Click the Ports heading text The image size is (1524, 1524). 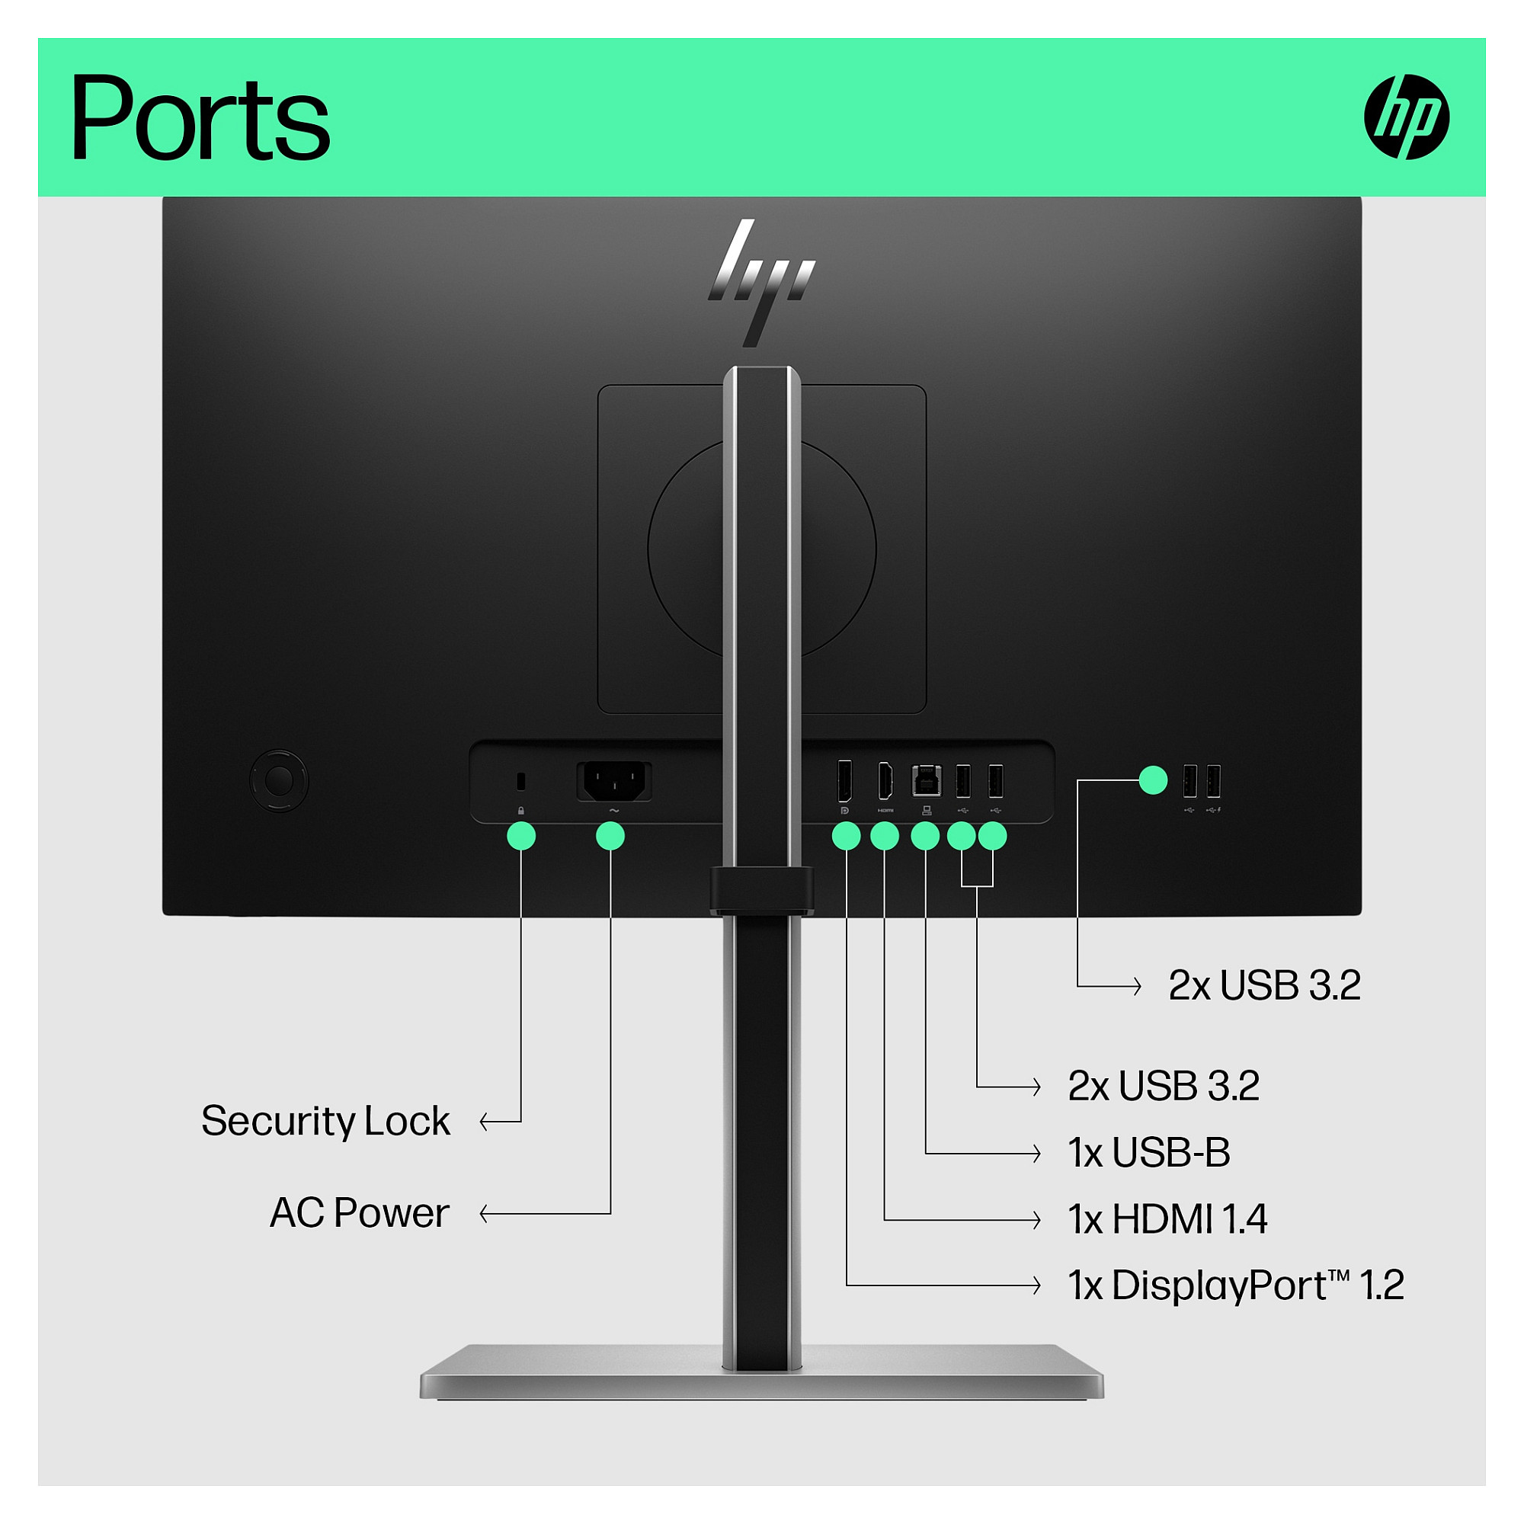pos(200,118)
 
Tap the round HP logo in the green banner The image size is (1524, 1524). pos(1407,117)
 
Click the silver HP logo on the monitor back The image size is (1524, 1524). pos(761,283)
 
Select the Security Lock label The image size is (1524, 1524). pos(325,1121)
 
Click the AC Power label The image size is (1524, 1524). pos(360,1212)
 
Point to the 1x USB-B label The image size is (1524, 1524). pos(1149,1152)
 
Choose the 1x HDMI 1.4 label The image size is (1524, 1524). pos(1168,1218)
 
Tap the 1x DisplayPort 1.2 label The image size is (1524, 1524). pos(1236,1285)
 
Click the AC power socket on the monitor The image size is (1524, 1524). pos(614,781)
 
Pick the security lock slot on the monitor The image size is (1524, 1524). pos(520,782)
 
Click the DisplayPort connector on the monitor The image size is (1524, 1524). pos(845,781)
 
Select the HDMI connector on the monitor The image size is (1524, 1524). pos(885,781)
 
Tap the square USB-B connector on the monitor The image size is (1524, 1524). pos(926,781)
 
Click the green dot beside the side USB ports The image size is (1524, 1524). pos(1153,780)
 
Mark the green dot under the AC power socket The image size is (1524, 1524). pos(610,836)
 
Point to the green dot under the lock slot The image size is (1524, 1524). pos(521,836)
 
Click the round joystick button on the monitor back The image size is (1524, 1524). pos(278,781)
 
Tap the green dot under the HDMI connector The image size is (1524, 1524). pos(885,836)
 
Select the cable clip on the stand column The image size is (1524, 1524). pos(761,891)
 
